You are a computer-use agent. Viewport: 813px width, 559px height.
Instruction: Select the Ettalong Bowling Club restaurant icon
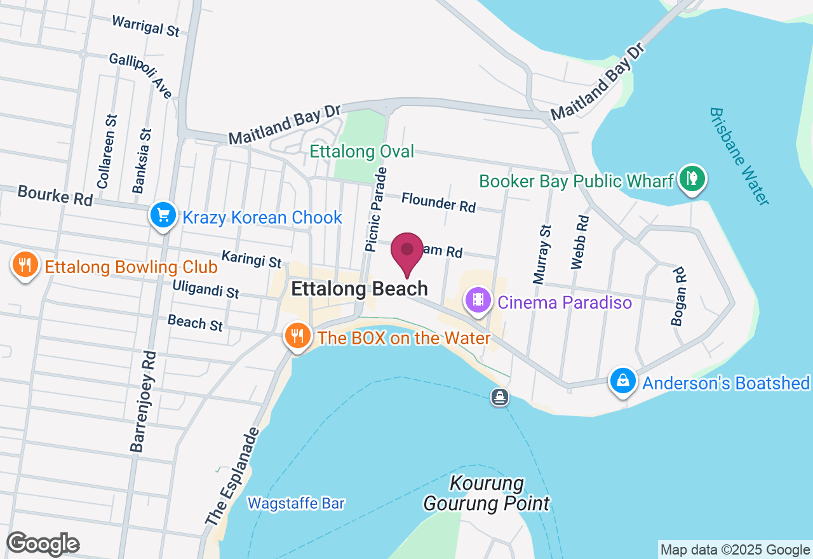click(x=25, y=265)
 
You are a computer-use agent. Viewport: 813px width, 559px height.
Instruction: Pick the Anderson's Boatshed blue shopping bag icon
click(x=623, y=381)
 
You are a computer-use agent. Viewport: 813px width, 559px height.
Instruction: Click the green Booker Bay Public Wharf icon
click(x=692, y=178)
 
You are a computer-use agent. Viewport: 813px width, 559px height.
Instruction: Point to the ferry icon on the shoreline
click(x=500, y=398)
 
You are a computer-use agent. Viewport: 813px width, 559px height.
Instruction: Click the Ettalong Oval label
click(x=361, y=151)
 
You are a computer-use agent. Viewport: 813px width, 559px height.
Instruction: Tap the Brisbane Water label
click(x=739, y=156)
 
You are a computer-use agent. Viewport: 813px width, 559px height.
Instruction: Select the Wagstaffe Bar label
click(x=296, y=504)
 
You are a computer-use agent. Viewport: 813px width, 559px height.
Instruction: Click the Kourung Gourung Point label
click(x=487, y=494)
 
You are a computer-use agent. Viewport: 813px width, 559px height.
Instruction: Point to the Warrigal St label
click(x=146, y=25)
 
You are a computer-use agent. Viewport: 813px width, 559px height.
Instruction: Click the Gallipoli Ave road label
click(x=141, y=75)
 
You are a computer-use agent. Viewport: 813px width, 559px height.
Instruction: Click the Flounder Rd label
click(x=438, y=203)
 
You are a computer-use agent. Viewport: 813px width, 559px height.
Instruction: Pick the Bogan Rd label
click(x=679, y=296)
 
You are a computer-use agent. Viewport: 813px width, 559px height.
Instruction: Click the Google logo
click(x=43, y=544)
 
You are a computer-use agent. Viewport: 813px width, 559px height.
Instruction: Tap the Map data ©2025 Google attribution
click(x=735, y=549)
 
